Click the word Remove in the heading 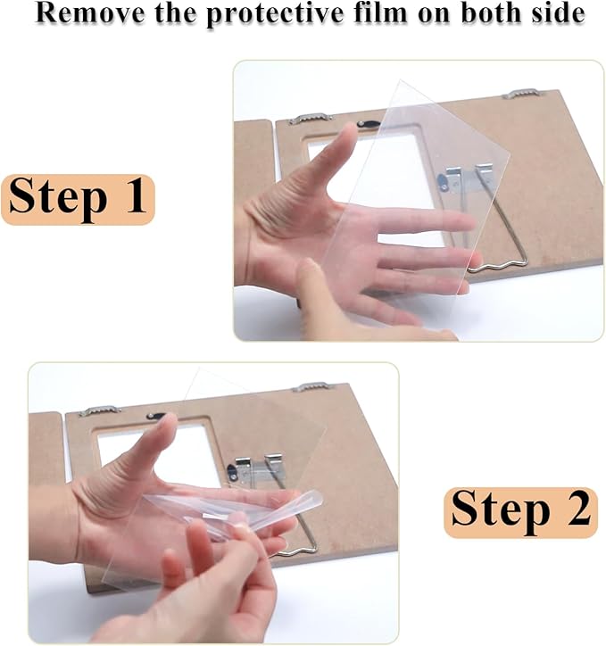[90, 13]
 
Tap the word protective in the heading [274, 14]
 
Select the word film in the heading [381, 12]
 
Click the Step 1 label [78, 199]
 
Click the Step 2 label [520, 512]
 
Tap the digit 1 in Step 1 [135, 195]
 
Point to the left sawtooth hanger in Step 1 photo [311, 119]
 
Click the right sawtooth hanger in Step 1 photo [521, 94]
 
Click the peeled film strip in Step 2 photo [235, 511]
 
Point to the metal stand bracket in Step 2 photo [256, 467]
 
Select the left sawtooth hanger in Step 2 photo [99, 410]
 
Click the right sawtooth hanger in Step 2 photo [312, 387]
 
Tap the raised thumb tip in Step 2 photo [169, 421]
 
